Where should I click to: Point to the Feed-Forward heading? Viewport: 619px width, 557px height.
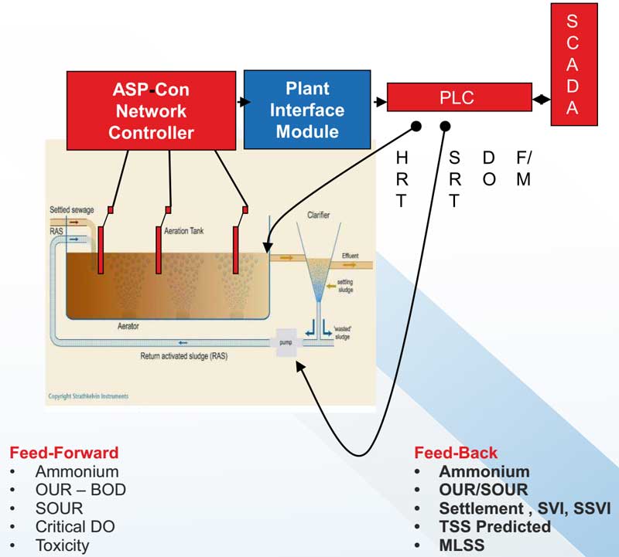[63, 452]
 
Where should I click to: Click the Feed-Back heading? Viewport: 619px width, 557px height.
[456, 453]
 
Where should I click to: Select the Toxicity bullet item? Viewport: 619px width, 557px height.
[62, 545]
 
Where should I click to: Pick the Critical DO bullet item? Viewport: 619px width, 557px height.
[74, 527]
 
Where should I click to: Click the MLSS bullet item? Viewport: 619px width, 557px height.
[462, 545]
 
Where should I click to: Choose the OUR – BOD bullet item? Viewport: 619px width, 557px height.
[80, 490]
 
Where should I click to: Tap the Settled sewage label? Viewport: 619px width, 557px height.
[72, 209]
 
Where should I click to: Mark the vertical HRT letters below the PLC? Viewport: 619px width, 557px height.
[401, 180]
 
